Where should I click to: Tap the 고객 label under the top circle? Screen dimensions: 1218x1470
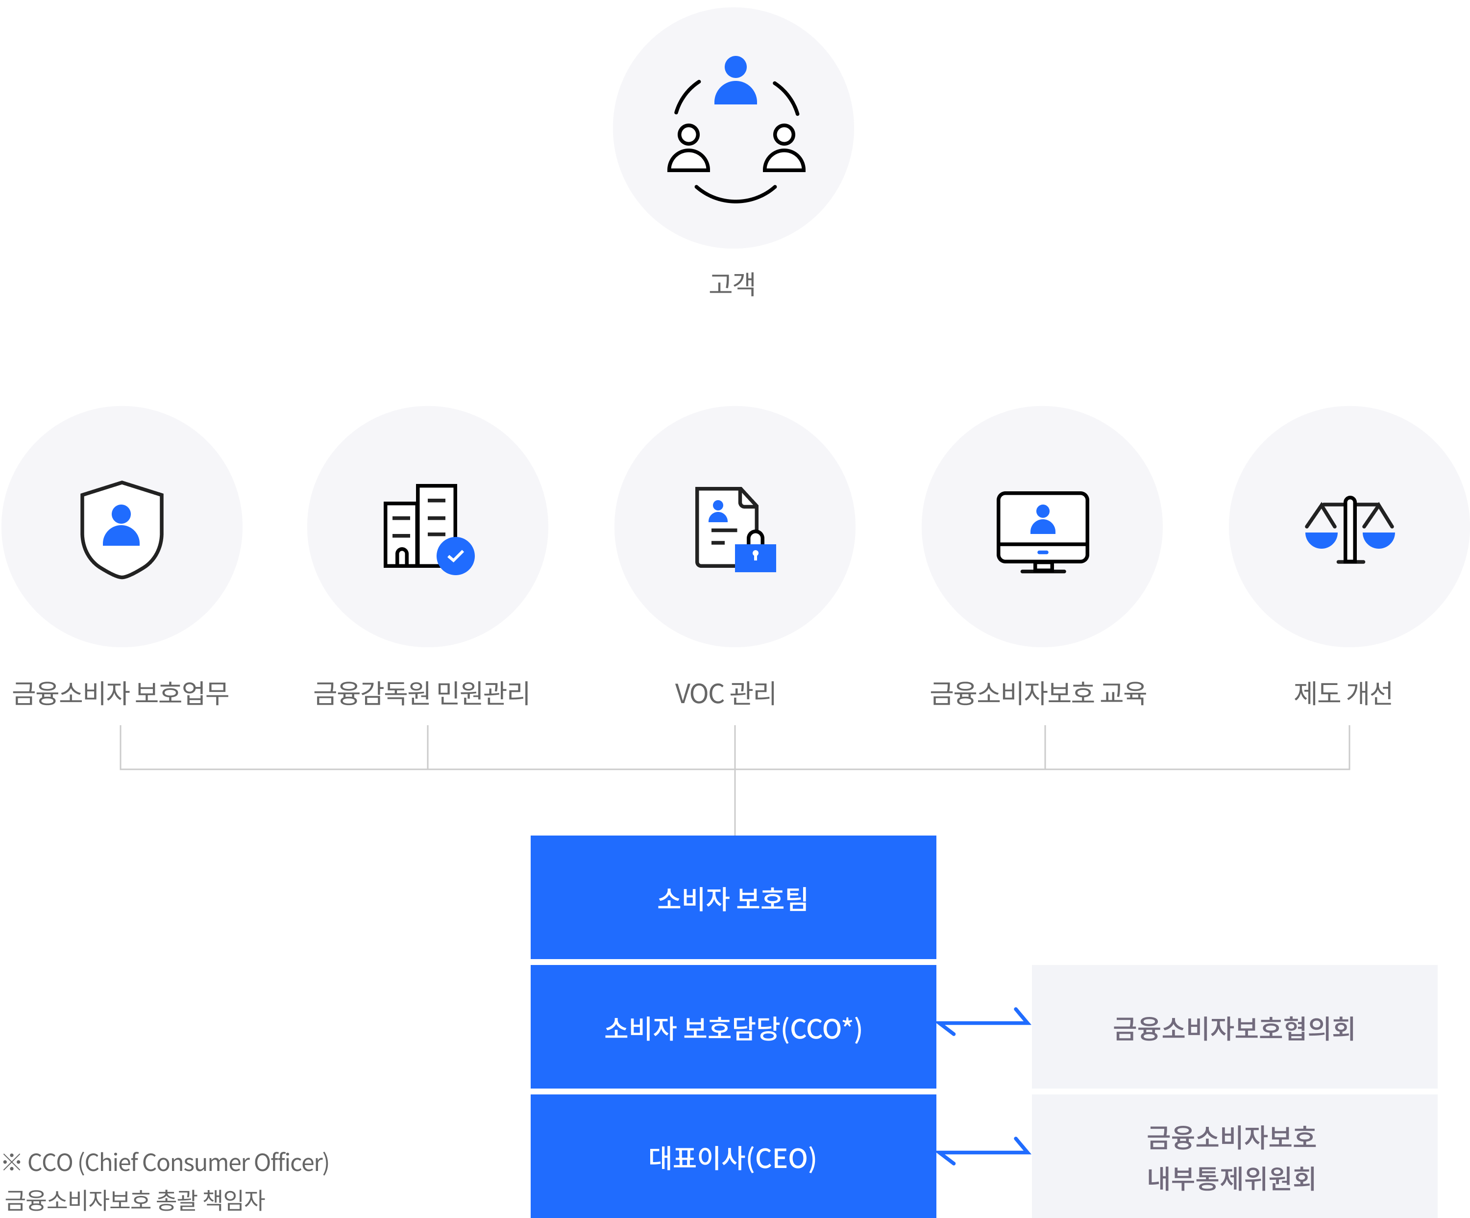coord(732,284)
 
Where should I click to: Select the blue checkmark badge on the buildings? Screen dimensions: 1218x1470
coord(456,556)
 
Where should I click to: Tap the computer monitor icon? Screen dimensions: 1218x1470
coord(1042,531)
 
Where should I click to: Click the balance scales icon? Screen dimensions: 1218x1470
coord(1349,530)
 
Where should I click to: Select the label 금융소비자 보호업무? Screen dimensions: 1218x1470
coord(121,693)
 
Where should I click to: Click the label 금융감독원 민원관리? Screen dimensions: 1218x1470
coord(421,693)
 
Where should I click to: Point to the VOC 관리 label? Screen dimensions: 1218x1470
coord(725,693)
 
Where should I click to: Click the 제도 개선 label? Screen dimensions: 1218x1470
coord(1343,693)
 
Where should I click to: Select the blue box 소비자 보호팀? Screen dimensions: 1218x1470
coord(733,898)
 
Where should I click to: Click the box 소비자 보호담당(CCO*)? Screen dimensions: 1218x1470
coord(733,1027)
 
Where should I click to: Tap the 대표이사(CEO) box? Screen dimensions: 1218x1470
coord(733,1157)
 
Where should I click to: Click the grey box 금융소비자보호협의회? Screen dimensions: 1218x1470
coord(1234,1027)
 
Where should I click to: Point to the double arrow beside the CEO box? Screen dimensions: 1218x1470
coord(983,1151)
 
